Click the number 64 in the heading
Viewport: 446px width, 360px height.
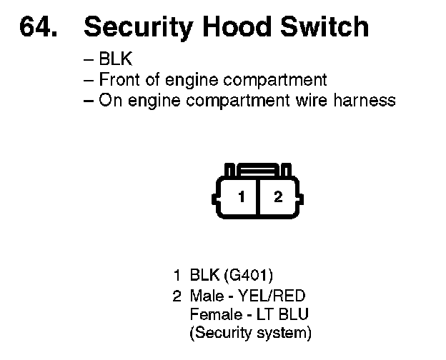(36, 27)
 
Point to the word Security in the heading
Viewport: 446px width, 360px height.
(134, 27)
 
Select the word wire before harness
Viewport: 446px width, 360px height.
(313, 100)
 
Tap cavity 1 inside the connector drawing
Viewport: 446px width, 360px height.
(242, 196)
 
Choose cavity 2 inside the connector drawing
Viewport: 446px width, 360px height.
(278, 196)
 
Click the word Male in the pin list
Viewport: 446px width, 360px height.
(207, 295)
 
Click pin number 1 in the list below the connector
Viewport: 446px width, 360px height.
(176, 275)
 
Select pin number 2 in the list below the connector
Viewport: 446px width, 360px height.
(176, 295)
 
